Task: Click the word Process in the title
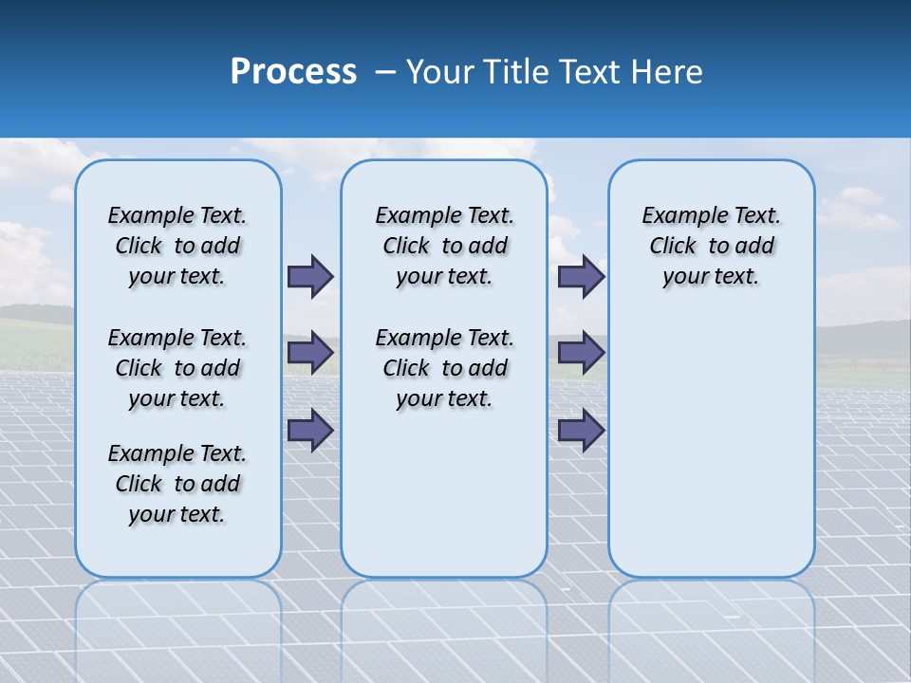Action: point(293,71)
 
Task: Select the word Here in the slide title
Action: point(667,71)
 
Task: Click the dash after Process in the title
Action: point(384,72)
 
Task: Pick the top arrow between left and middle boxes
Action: point(310,276)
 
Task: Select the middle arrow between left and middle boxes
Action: point(310,353)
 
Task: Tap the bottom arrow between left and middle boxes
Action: point(310,431)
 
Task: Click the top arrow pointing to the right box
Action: point(581,276)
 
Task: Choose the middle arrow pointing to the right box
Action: point(581,353)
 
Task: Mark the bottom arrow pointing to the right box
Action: point(581,431)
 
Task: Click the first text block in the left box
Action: point(177,246)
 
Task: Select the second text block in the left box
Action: point(177,368)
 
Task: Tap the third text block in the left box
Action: point(177,484)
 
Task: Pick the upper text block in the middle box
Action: point(444,246)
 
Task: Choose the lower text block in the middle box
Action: point(444,368)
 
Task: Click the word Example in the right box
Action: point(679,216)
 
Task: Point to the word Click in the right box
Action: point(673,247)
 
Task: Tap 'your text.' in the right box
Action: point(711,277)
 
